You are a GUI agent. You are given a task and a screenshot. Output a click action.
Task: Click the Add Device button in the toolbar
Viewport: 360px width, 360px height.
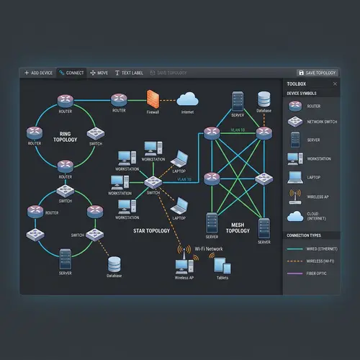coord(38,73)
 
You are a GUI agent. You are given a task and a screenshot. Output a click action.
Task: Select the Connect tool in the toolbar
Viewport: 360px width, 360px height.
coord(72,73)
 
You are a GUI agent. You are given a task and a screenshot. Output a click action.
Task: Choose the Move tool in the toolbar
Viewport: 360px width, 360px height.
coord(99,73)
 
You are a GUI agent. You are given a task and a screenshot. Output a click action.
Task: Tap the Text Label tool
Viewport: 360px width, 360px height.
coord(129,73)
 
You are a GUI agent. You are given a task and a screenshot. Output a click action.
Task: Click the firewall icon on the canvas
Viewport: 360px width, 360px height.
coord(153,98)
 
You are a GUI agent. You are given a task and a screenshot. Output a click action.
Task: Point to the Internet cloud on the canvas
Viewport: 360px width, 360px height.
coord(187,99)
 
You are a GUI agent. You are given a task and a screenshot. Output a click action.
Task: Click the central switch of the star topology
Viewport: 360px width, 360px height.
coord(153,182)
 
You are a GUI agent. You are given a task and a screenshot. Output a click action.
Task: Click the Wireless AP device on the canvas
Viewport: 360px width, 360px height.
coord(181,266)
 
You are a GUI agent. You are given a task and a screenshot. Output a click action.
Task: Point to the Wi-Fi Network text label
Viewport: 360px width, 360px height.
coord(210,248)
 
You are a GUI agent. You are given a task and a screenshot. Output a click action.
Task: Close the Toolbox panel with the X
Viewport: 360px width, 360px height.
coord(335,84)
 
